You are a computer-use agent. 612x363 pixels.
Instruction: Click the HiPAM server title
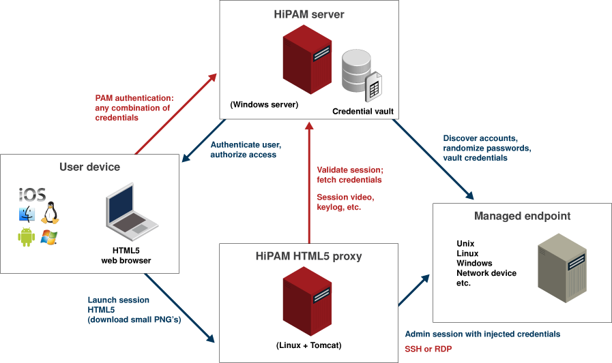[308, 14]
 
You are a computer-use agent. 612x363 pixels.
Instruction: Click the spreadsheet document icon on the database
[373, 88]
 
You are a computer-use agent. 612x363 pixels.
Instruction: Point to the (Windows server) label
[264, 105]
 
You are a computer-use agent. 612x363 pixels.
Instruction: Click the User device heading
[89, 167]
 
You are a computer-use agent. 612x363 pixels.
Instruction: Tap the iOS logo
[32, 195]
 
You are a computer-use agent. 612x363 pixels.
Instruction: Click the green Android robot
[27, 237]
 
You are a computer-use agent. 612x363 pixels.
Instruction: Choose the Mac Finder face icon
[27, 215]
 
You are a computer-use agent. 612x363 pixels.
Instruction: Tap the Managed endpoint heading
[522, 216]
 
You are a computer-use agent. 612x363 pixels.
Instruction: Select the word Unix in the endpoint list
[465, 244]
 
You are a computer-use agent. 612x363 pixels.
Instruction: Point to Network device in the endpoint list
[486, 273]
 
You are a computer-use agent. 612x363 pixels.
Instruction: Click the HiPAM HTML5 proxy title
[308, 257]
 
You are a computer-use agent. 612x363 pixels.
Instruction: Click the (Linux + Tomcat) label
[308, 345]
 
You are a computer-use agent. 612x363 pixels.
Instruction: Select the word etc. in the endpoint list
[463, 283]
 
